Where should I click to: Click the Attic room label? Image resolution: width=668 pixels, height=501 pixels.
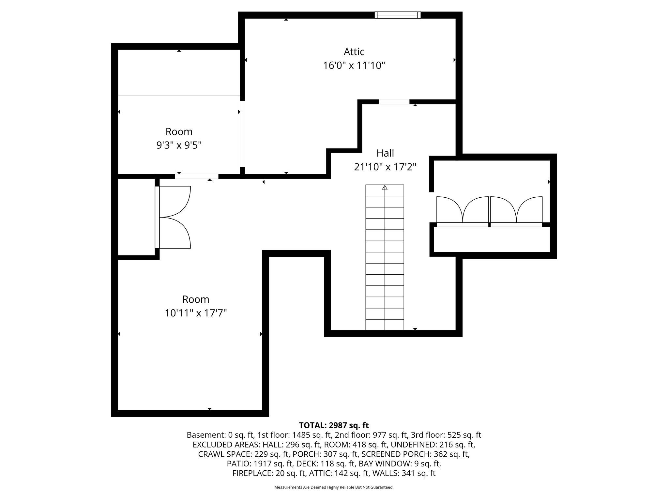click(354, 52)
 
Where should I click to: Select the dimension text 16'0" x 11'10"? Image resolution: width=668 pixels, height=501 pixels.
click(354, 66)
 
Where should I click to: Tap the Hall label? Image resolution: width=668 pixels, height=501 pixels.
click(385, 153)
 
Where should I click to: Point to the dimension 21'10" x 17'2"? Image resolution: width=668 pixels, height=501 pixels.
click(385, 167)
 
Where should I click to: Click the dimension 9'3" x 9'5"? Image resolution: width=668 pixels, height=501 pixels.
click(179, 145)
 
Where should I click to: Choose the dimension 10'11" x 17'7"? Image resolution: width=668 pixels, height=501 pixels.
click(196, 313)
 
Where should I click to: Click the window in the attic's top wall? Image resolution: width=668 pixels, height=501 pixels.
click(397, 15)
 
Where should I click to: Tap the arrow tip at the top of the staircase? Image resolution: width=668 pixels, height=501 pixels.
click(385, 187)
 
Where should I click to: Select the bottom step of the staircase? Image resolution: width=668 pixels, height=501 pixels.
click(385, 325)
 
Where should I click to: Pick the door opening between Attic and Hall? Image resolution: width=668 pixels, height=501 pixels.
click(394, 102)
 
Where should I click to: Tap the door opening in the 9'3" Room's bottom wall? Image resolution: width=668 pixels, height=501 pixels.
click(196, 176)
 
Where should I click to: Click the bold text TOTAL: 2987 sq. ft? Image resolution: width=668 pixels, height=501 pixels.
click(334, 425)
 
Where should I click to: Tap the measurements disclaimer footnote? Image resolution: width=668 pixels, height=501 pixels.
click(334, 487)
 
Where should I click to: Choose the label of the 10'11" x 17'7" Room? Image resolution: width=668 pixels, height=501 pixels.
click(196, 299)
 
